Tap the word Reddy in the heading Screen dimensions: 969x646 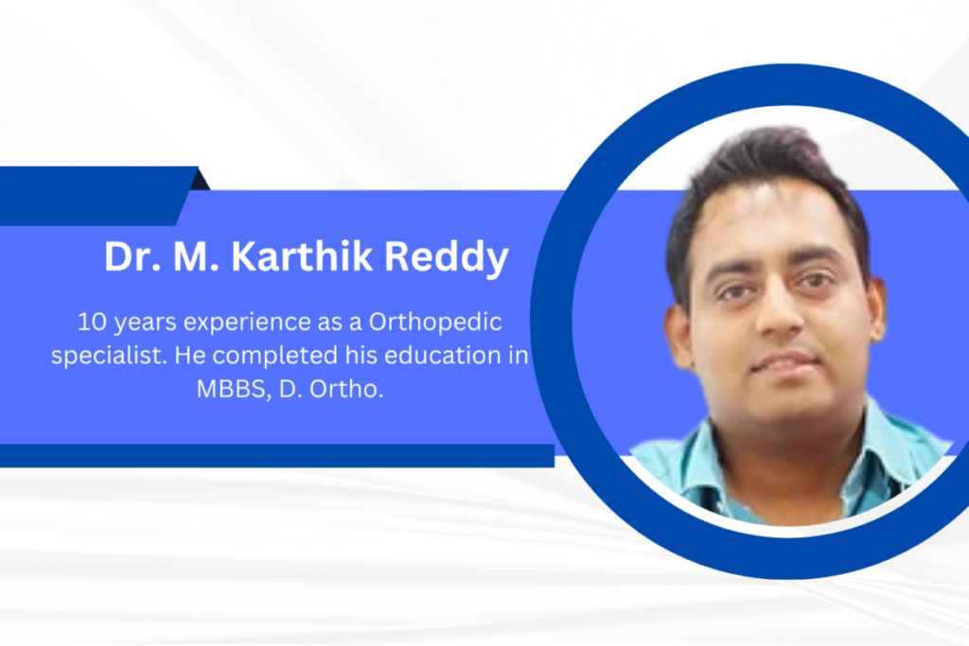point(447,258)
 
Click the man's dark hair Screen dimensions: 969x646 point(766,179)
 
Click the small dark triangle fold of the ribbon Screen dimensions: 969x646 point(201,181)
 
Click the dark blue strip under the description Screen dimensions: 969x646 point(277,455)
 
